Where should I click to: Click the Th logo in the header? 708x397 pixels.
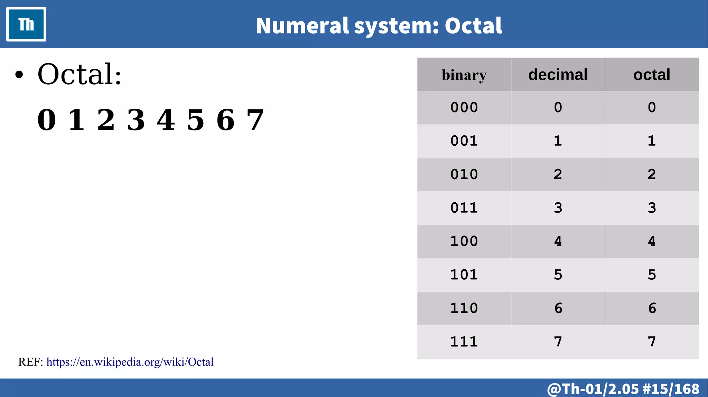click(26, 24)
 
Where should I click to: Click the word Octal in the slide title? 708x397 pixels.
click(473, 26)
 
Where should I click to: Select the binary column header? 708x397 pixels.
click(464, 75)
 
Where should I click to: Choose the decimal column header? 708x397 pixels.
click(558, 75)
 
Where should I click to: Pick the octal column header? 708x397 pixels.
click(652, 75)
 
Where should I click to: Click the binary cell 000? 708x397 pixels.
click(464, 107)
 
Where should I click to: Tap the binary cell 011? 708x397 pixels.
click(464, 208)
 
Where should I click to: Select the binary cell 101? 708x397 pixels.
click(464, 275)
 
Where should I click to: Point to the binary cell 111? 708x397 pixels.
click(464, 342)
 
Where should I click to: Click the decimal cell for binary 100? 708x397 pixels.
click(558, 241)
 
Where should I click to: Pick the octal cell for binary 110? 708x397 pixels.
click(652, 308)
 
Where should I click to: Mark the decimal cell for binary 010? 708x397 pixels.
click(558, 174)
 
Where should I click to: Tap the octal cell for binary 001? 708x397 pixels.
click(652, 141)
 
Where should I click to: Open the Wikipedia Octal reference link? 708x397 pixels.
click(130, 362)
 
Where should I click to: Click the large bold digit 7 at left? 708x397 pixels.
click(255, 120)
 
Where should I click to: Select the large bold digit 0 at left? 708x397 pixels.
click(47, 120)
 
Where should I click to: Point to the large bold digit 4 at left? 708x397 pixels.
click(166, 120)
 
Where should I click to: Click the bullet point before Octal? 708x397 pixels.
click(19, 75)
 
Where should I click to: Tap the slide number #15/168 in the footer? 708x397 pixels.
click(671, 389)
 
